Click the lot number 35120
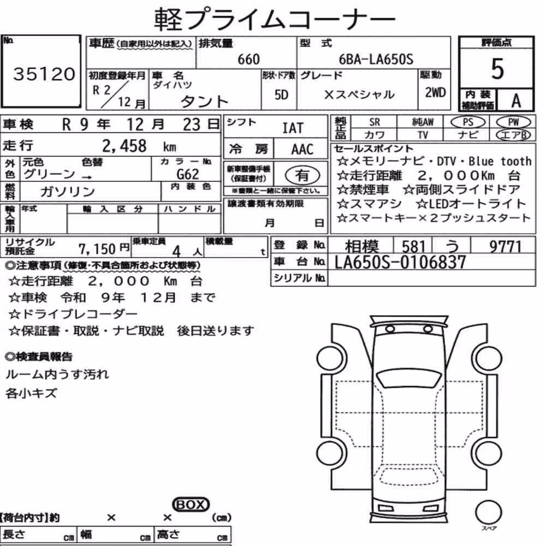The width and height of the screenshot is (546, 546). coord(44,74)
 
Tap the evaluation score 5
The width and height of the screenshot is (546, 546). coord(497,69)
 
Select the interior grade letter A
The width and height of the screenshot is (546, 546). coord(516,101)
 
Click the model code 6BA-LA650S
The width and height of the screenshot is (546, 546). coord(376,60)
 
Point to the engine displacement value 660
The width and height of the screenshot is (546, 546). coord(248,60)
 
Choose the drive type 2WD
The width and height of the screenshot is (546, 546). coord(435,93)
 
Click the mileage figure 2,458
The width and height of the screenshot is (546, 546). coord(124,146)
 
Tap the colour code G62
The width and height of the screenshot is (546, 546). coord(188,174)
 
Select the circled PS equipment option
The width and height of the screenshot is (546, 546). coord(468,122)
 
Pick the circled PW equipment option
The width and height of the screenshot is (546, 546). coord(513,122)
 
